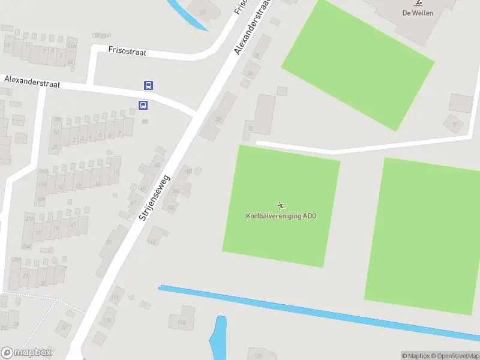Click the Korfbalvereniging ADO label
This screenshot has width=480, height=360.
coord(281,216)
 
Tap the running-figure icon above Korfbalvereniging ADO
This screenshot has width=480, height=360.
coord(281,206)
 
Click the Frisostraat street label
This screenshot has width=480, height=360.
coord(127,52)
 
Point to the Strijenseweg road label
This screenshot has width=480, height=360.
coord(154,197)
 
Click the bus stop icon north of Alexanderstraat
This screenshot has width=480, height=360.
coord(148,85)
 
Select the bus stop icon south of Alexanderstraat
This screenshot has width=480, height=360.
coord(143,105)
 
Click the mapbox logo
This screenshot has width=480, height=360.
coord(25,352)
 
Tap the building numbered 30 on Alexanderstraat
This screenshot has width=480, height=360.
coord(250,74)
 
